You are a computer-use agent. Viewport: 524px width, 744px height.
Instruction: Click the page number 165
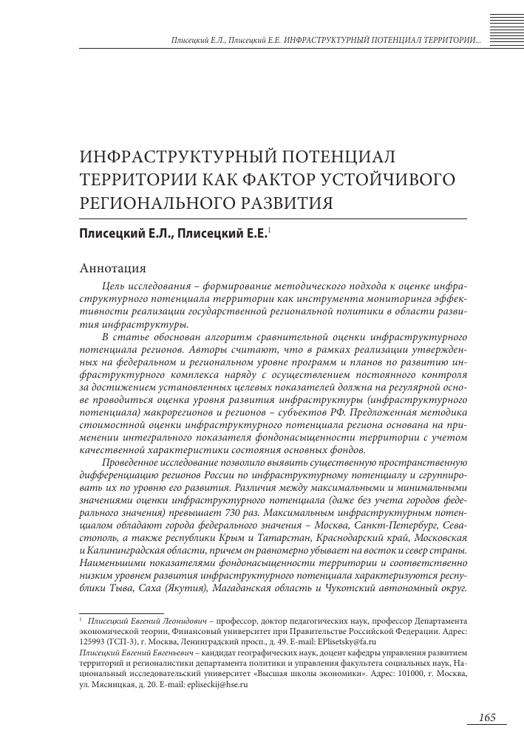pyautogui.click(x=486, y=718)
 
